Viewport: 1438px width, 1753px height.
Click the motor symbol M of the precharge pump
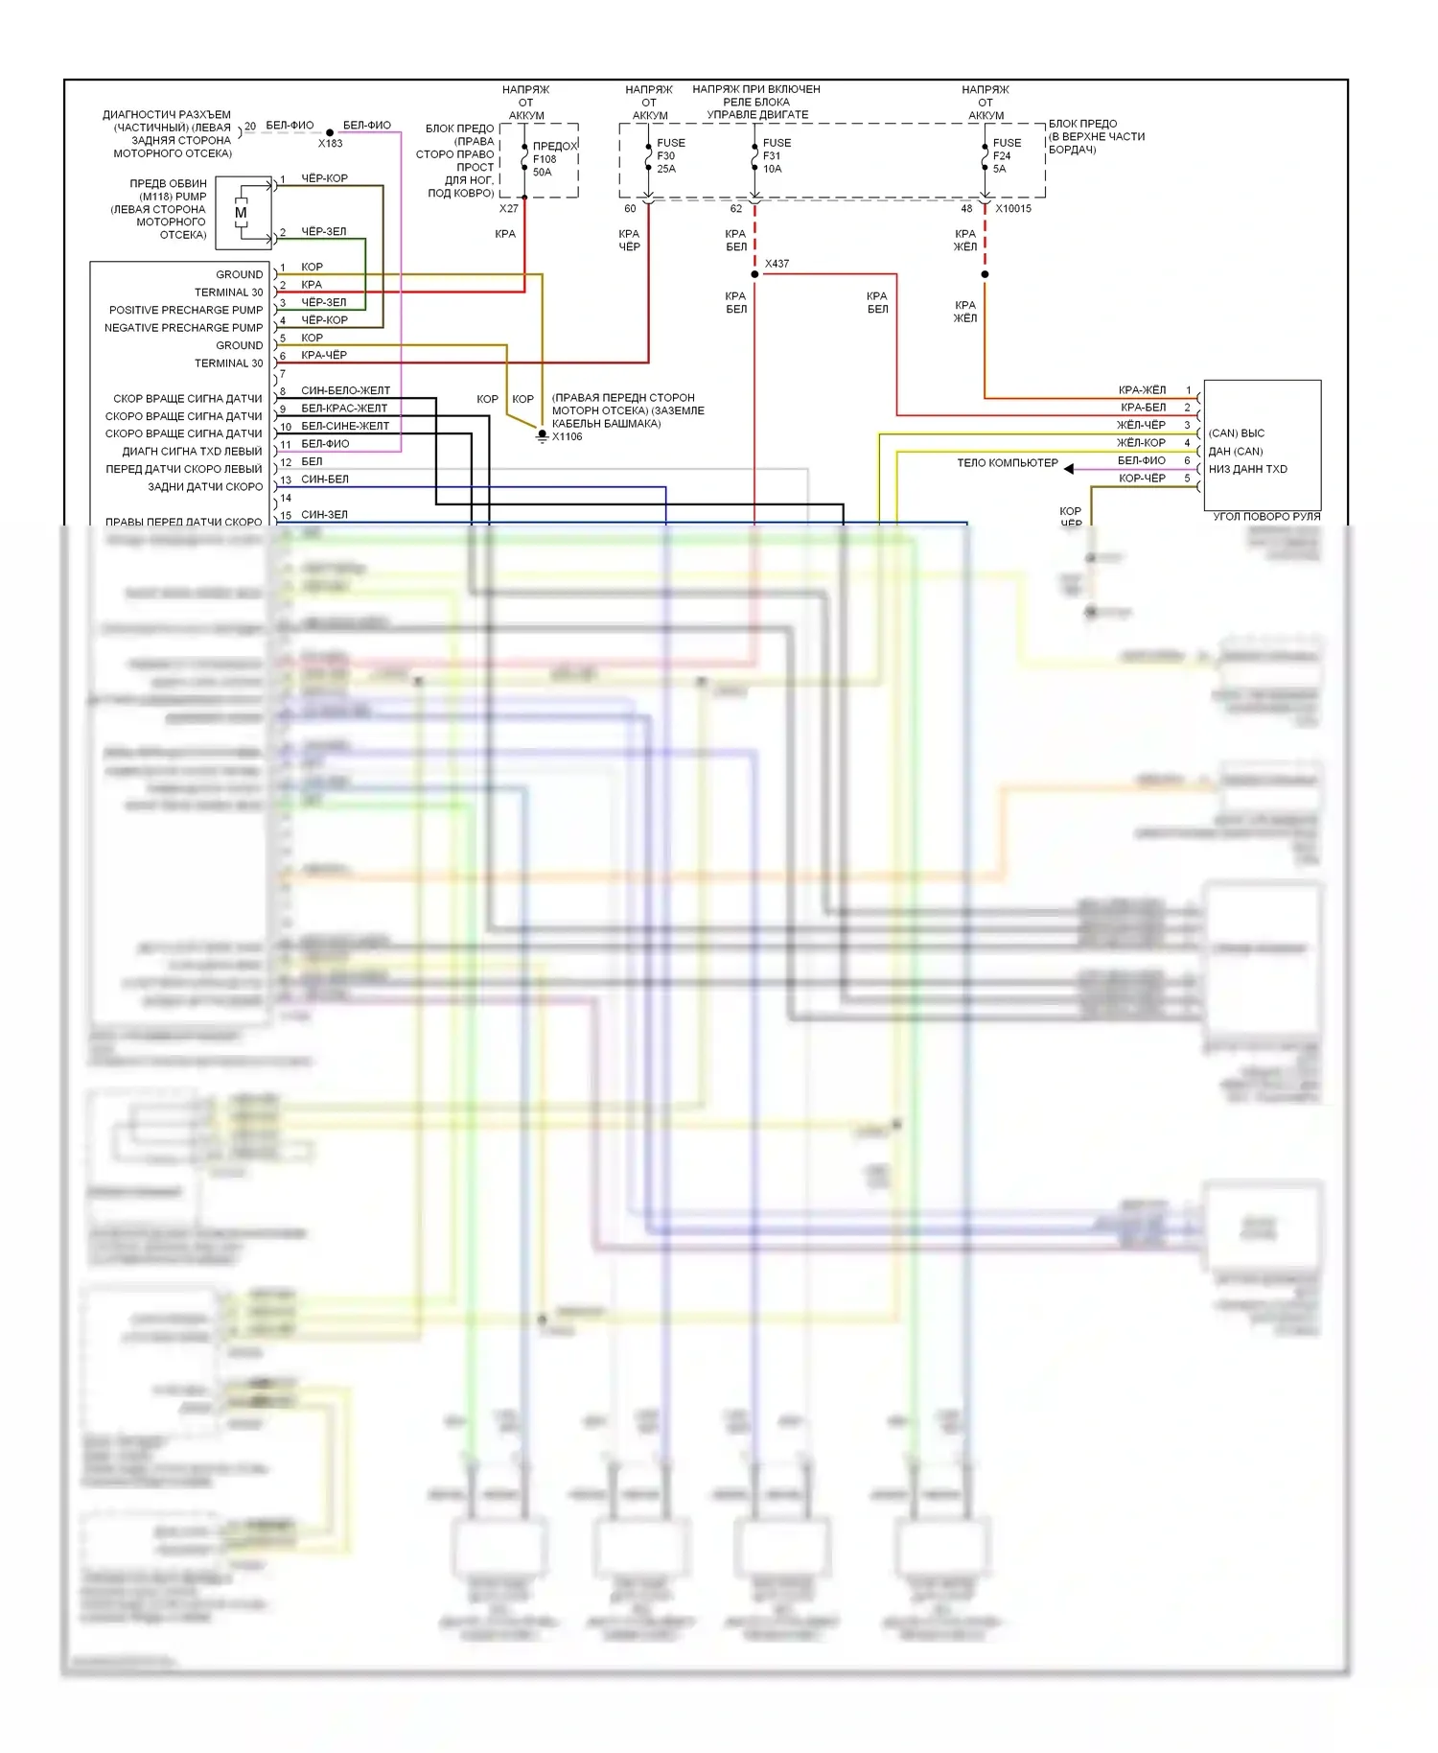pos(241,212)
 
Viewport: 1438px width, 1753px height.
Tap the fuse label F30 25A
pos(667,155)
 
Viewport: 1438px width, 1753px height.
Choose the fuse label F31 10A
pos(773,155)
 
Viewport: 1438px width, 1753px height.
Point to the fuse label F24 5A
pos(1002,155)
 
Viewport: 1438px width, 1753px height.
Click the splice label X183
pos(330,144)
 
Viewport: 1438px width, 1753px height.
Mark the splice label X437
pos(777,264)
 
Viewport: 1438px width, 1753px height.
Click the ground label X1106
pos(567,437)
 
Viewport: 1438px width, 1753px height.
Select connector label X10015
pos(1013,209)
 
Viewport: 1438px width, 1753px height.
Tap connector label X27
pos(508,209)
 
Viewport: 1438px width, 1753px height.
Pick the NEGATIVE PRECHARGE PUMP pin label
pos(183,328)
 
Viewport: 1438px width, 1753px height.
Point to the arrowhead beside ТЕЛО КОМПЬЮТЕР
pos(1069,469)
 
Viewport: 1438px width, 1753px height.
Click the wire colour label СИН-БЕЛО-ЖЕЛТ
pos(345,391)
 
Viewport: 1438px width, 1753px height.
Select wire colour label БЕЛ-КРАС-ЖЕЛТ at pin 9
pos(344,409)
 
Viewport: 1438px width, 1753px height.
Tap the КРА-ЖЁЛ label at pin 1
pos(1142,390)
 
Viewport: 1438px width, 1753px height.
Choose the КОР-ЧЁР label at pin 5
pos(1142,479)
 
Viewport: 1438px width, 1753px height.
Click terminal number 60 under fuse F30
pos(630,209)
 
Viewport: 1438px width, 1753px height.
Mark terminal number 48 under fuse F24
pos(966,209)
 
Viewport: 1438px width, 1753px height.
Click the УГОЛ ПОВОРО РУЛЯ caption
pos(1266,517)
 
